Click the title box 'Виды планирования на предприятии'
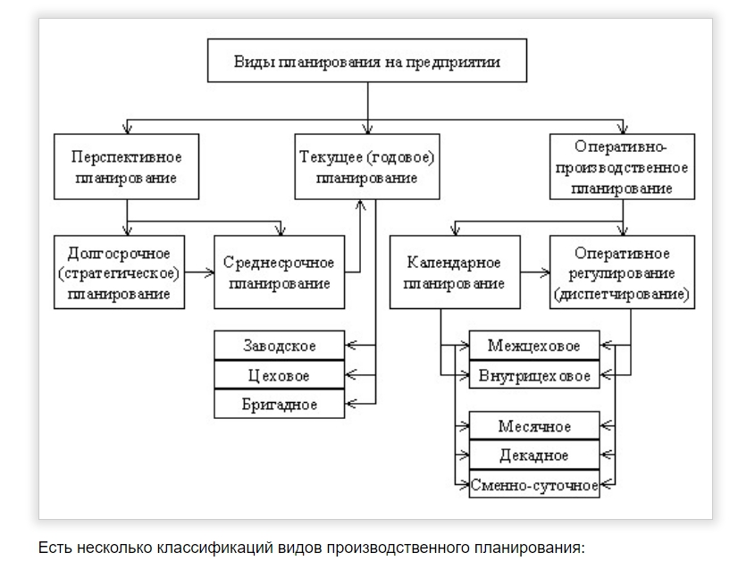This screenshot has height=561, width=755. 367,63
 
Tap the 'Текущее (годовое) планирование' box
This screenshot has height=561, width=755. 367,166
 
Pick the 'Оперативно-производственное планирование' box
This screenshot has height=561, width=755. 622,166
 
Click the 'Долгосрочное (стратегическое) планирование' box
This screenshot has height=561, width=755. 119,272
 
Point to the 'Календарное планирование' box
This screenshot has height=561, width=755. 454,272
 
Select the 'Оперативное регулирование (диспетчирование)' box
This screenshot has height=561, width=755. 622,272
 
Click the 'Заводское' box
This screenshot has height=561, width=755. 280,345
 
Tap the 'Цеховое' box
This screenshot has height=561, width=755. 280,375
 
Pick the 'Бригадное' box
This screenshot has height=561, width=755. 280,404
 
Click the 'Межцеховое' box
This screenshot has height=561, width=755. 533,346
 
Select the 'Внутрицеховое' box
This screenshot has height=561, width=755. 533,375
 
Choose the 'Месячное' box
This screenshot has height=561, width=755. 533,426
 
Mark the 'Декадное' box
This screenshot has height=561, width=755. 533,456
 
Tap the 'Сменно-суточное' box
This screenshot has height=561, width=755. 533,485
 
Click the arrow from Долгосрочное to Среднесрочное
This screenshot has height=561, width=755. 199,272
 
